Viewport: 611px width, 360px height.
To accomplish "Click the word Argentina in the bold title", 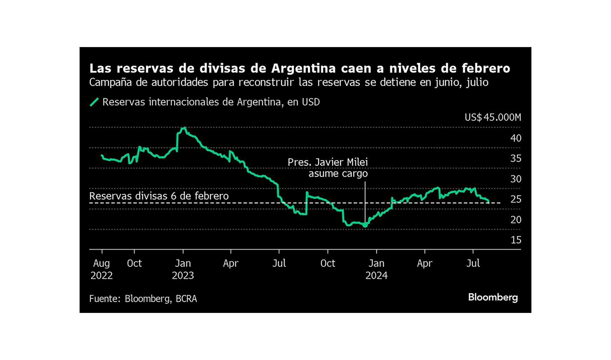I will pos(303,68).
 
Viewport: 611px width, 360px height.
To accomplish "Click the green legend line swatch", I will pos(94,102).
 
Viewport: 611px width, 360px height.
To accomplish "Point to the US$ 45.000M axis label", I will pos(493,117).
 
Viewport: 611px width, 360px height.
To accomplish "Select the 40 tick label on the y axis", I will pos(516,138).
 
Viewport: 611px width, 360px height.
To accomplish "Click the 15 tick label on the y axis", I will pos(516,240).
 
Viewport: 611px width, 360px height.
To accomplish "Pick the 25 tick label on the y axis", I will pos(516,199).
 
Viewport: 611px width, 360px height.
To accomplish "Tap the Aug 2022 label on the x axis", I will pos(102,269).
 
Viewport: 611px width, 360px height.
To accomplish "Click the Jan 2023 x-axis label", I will pos(183,269).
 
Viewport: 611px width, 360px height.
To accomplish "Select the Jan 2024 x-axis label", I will pos(376,269).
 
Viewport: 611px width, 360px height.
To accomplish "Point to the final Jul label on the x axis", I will pos(473,263).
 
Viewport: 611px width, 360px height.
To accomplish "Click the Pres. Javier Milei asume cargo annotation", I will pos(328,168).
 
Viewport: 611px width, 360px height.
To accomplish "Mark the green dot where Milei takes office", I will pos(365,225).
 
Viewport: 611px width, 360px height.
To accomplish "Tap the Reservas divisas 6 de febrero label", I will pos(159,196).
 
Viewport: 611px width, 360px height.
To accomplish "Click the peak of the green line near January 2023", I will pos(184,128).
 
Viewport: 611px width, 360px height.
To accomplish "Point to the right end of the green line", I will pos(488,202).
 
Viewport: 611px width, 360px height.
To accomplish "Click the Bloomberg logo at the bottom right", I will pos(493,297).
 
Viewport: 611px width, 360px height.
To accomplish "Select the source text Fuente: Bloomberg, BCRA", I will pos(143,299).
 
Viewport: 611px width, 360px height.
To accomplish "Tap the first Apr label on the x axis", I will pos(230,263).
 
